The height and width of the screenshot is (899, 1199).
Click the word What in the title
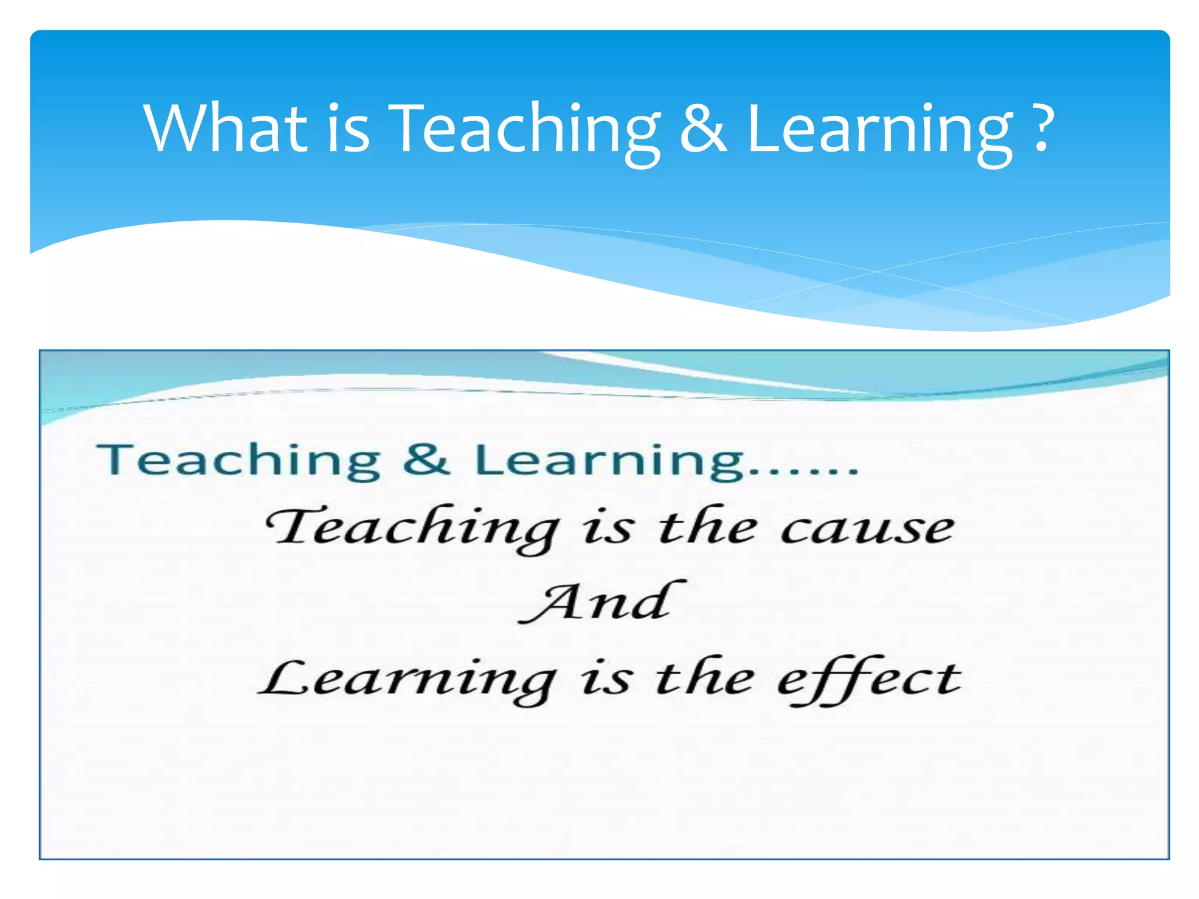point(226,128)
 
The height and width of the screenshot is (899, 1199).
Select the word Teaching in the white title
point(525,131)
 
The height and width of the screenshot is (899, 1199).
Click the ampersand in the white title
point(703,128)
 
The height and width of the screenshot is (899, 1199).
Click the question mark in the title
point(1042,128)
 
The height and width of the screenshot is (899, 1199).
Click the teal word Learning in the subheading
point(609,461)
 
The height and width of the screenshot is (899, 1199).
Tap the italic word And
point(602,603)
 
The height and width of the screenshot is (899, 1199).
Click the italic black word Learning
point(407,680)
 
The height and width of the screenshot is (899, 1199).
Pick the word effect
point(869,680)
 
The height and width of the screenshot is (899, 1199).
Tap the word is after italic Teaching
point(607,529)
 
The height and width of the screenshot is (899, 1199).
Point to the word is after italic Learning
point(606,680)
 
